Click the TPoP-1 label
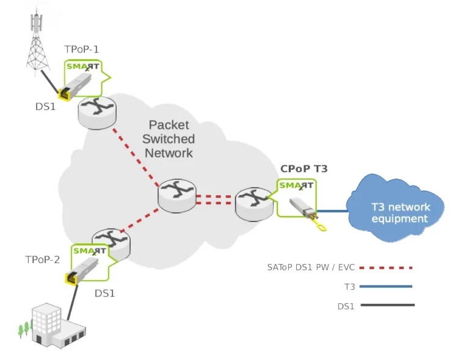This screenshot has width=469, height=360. (x=81, y=49)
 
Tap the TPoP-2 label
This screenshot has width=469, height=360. (x=43, y=259)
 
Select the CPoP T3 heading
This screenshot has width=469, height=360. (x=304, y=169)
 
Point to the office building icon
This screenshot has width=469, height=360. (x=54, y=326)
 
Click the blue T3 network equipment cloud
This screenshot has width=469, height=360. (x=396, y=208)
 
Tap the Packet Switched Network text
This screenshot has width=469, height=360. (x=169, y=139)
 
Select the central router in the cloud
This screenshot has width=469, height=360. (x=177, y=196)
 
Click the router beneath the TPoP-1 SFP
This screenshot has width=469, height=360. (x=97, y=113)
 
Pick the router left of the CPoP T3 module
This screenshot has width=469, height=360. (x=254, y=204)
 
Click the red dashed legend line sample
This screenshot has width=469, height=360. (x=386, y=268)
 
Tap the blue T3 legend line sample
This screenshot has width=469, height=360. (x=386, y=286)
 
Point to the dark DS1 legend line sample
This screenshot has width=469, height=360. (x=388, y=305)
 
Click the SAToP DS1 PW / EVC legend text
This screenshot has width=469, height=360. (x=311, y=267)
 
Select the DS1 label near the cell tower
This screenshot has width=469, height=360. (x=45, y=107)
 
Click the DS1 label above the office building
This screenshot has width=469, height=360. (x=104, y=293)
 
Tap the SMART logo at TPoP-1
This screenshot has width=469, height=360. (x=82, y=67)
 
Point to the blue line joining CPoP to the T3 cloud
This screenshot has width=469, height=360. (x=332, y=211)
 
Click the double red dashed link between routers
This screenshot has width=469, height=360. (x=214, y=200)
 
